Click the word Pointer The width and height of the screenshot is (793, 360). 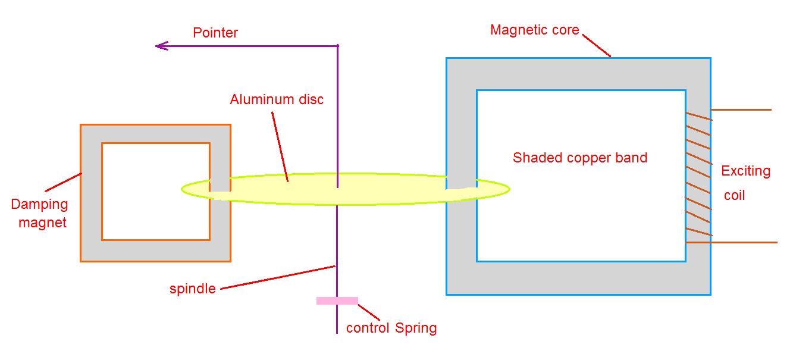[215, 33]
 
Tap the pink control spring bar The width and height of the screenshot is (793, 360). [337, 300]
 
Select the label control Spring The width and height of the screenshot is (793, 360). [391, 328]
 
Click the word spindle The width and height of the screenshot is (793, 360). [192, 289]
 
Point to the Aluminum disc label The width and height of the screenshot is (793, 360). [277, 99]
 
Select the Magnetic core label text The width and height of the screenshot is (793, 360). [534, 30]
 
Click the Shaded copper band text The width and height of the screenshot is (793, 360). [580, 158]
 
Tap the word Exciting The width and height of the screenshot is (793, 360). [745, 171]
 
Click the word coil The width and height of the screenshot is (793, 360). [734, 195]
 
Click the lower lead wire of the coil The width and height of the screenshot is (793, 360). [744, 242]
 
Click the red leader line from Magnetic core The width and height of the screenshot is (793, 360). [596, 45]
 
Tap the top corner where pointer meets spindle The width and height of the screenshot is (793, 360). [338, 46]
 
